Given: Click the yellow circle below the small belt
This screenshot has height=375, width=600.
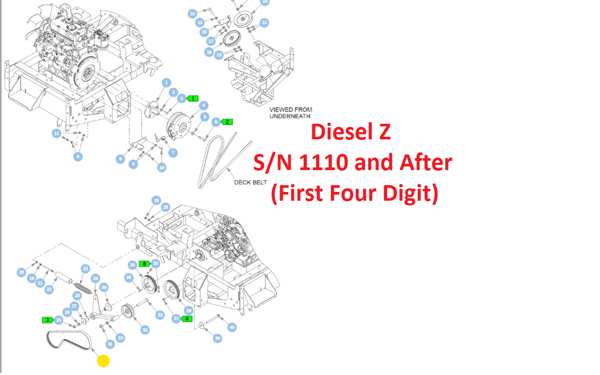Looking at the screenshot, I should (103, 360).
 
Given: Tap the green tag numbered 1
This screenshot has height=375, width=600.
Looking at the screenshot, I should (193, 98).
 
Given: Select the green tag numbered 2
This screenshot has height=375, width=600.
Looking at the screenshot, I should (227, 122).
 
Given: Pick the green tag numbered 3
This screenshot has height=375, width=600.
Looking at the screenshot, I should (47, 320).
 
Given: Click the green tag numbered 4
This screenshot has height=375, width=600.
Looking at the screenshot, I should (187, 319).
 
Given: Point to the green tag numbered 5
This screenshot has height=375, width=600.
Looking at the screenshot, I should (144, 264).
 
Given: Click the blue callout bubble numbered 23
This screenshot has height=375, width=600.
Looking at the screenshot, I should (86, 269).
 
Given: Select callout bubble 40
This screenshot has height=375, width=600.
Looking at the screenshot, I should (232, 328).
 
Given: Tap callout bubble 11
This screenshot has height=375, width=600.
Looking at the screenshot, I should (56, 133).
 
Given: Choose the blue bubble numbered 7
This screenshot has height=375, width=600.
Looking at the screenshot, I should (173, 153).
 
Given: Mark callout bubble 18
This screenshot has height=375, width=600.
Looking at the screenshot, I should (209, 52).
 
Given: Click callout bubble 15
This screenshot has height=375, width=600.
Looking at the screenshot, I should (192, 13).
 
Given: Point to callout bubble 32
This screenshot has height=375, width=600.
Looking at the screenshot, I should (145, 330).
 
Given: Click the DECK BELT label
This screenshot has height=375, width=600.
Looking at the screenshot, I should (250, 182).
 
